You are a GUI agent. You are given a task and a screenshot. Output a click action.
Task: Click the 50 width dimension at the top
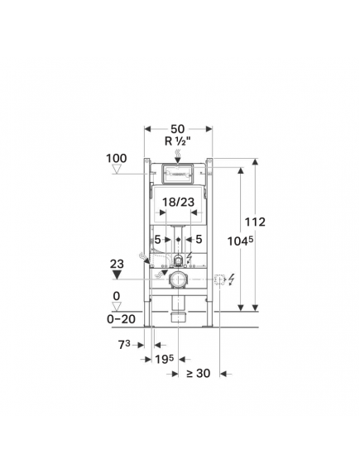178,129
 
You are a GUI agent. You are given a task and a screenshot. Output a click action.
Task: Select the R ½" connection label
178,141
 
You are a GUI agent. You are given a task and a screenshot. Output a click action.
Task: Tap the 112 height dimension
255,222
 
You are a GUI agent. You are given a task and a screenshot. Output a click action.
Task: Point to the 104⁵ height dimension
240,241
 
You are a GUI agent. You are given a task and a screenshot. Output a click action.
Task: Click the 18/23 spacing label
178,202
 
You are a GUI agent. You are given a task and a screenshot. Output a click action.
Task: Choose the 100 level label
116,159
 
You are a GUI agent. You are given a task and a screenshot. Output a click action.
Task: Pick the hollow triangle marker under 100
117,169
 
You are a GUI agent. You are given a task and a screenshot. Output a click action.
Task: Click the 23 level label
117,265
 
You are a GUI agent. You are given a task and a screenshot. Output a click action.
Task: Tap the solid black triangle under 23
117,275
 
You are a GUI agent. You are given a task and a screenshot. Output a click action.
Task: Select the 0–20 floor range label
121,319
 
